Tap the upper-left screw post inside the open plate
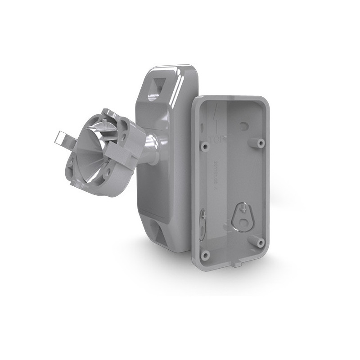(205, 146)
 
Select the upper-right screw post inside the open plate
(260, 143)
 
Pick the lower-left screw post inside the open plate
(206, 255)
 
